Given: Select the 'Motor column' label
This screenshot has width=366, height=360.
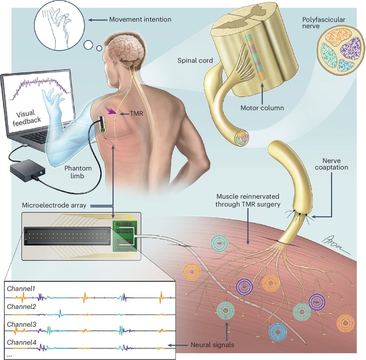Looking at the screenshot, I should [x=262, y=108].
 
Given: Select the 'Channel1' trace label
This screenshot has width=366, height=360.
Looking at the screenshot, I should [x=21, y=288].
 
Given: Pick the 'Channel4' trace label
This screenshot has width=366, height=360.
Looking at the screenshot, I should [x=21, y=342].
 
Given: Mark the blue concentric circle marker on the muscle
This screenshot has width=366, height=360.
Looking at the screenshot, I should [x=277, y=331].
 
